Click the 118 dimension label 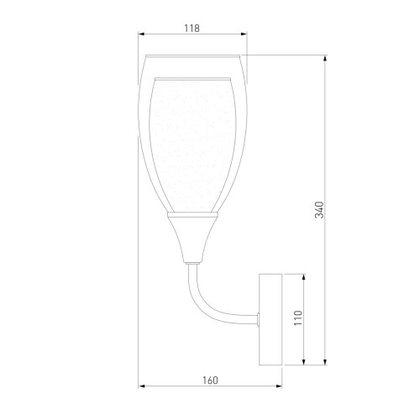(x=192, y=29)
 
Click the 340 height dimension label (x=319, y=210)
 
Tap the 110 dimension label (x=298, y=318)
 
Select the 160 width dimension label (x=210, y=381)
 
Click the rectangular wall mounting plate (x=270, y=319)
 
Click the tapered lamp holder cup (x=192, y=240)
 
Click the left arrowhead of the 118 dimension (x=141, y=34)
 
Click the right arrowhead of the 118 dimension (x=244, y=34)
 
